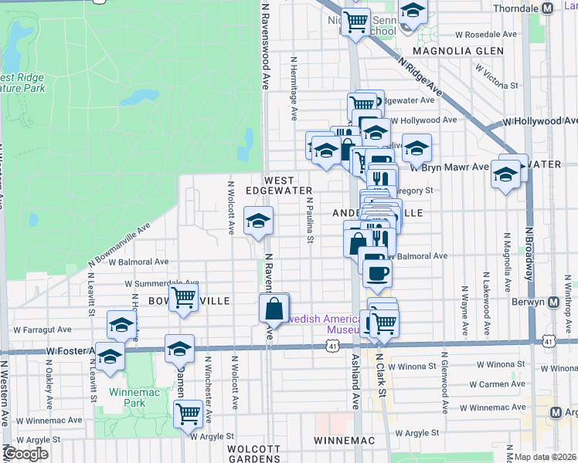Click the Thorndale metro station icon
[547, 8]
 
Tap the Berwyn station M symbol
[553, 302]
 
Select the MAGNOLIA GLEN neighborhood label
[458, 51]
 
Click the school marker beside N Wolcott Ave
[258, 221]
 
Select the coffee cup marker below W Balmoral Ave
[377, 272]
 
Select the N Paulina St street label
[309, 220]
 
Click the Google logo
[25, 454]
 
